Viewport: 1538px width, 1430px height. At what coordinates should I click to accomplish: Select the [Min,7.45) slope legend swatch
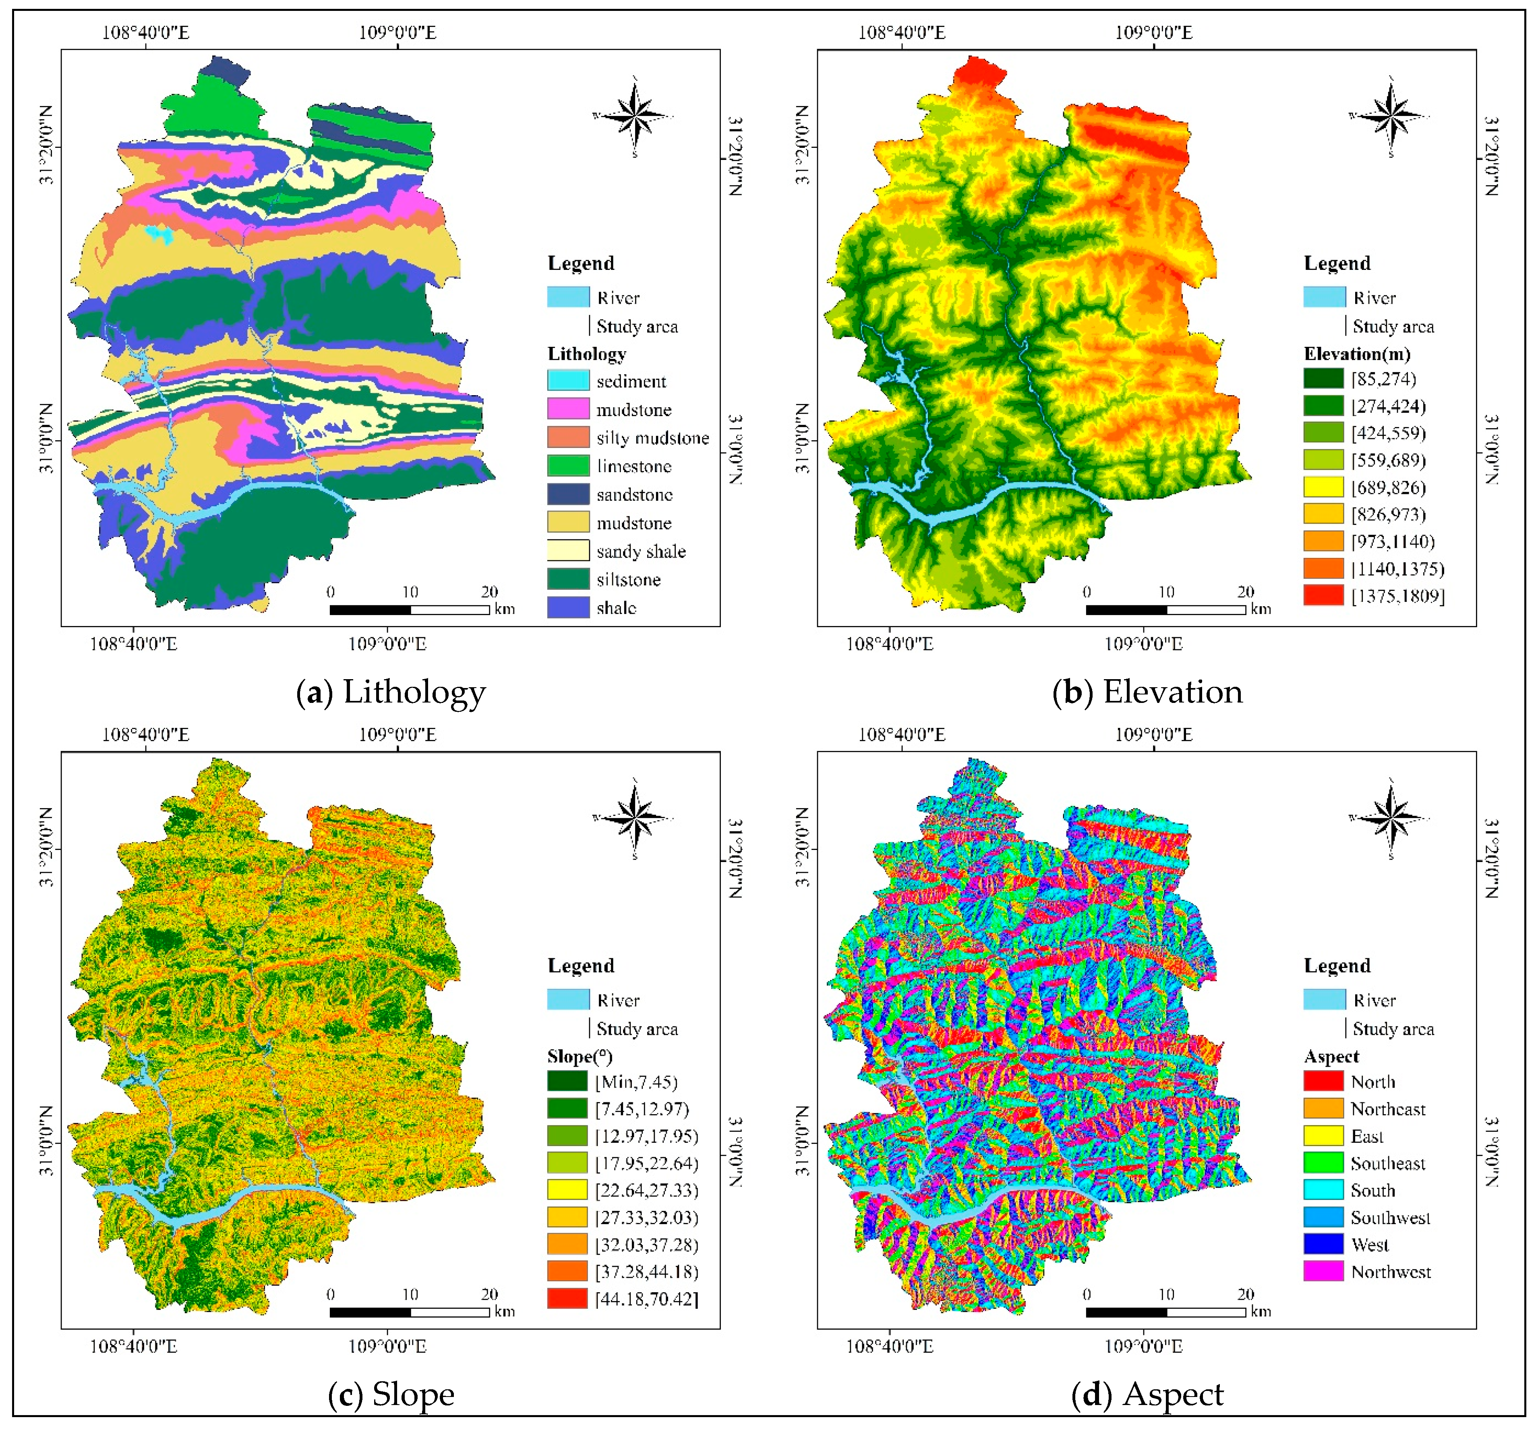pos(567,1081)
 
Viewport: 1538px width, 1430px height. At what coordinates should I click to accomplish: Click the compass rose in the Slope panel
pos(634,819)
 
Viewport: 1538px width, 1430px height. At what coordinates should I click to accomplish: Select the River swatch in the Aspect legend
pos(1324,1000)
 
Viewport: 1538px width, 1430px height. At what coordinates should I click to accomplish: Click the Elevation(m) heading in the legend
pos(1356,354)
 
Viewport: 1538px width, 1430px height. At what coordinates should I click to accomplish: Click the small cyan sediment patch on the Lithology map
pos(160,234)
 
